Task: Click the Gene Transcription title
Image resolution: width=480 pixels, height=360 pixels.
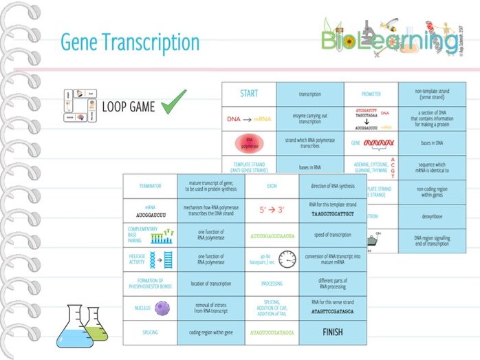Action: tap(130, 43)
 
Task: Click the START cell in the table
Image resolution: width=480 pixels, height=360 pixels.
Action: tap(249, 94)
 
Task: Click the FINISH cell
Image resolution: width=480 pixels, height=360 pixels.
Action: tap(333, 331)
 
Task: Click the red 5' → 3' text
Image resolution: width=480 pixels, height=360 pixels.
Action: tap(271, 210)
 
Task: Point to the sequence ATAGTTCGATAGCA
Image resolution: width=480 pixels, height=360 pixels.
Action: tap(333, 311)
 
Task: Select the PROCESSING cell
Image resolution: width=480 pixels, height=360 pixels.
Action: tap(272, 283)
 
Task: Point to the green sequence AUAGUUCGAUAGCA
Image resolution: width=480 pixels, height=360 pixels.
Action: tap(272, 332)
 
